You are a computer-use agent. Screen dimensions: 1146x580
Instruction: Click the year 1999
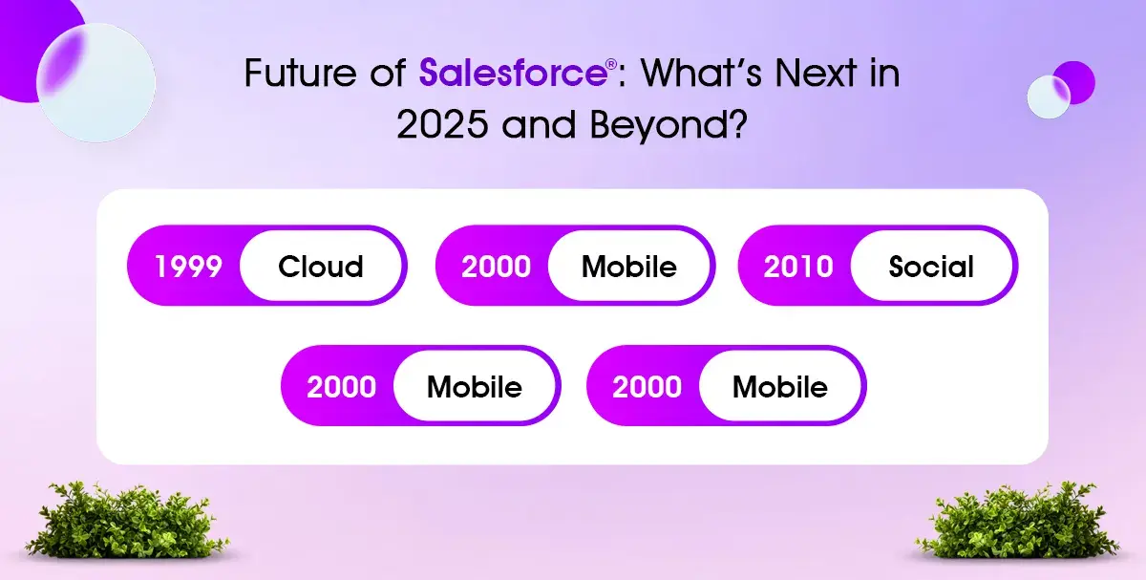[x=188, y=267]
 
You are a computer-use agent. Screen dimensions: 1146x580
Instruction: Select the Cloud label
[x=321, y=267]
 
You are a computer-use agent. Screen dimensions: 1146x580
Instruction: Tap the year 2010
[x=798, y=267]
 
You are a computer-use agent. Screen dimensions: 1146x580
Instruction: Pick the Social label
[x=931, y=267]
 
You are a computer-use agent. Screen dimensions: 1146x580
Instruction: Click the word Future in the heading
[x=299, y=73]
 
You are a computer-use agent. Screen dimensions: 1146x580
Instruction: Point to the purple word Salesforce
[x=513, y=73]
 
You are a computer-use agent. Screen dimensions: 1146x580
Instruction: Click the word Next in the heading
[x=817, y=73]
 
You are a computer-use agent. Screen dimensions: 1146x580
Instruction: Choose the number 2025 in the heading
[x=442, y=124]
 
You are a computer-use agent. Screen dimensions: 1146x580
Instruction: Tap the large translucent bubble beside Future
[x=95, y=82]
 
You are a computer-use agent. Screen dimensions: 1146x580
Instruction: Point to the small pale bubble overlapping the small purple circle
[x=1049, y=97]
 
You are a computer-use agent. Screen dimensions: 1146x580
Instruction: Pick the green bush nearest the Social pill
[x=1018, y=520]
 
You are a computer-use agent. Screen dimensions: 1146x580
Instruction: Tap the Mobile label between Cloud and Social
[x=629, y=267]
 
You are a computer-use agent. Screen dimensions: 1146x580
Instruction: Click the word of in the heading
[x=388, y=73]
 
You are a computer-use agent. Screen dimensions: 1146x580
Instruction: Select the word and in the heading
[x=539, y=124]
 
